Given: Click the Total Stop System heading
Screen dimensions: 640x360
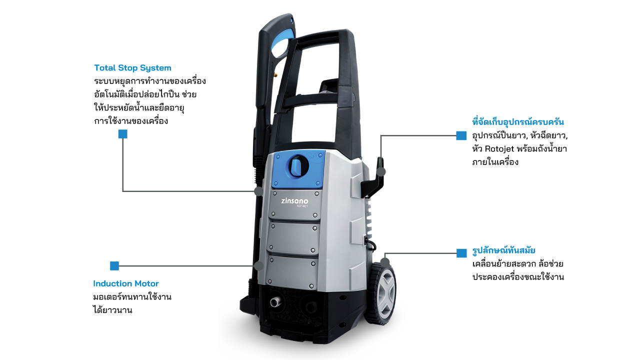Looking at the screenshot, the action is coord(132,68).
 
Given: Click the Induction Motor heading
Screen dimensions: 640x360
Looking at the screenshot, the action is coord(125,283).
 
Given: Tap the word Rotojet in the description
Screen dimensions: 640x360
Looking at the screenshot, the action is coord(499,149).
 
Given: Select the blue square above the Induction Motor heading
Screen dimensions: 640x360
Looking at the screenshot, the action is coord(114,266).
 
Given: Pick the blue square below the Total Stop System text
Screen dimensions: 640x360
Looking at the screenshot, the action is coord(123,134).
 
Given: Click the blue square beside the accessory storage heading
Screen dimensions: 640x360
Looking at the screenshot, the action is coord(461,135).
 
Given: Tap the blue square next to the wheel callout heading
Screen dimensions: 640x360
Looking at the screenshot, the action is coord(461,253).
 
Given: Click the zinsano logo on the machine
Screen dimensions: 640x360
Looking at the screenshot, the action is coord(294,201).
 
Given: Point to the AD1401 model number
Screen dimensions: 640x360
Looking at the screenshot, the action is coord(302,206).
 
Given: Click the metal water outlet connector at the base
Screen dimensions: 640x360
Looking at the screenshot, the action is coord(275,301).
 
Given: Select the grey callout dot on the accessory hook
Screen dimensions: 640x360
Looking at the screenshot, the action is coord(380,172).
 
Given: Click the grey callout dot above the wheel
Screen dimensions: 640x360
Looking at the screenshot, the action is coord(385,262).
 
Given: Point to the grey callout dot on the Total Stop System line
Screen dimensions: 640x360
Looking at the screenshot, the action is coord(258,191).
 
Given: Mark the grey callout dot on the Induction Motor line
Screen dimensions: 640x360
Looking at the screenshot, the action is coord(258,266).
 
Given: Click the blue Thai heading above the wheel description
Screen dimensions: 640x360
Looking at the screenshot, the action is coord(503,250).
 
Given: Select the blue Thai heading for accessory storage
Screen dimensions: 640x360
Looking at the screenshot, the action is coord(518,122).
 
